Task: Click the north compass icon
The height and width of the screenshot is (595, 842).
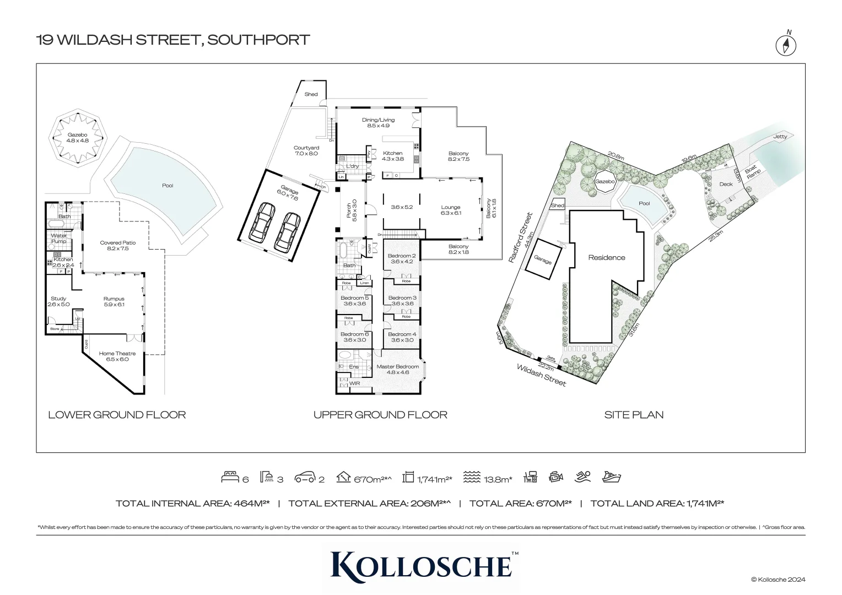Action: (786, 45)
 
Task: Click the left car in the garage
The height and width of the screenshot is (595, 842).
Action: (263, 221)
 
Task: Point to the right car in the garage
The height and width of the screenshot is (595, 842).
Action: (287, 231)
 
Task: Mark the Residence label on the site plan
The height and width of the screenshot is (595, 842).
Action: (607, 257)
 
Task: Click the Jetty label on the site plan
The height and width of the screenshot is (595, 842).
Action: (780, 137)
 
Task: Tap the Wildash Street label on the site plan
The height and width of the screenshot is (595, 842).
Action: (541, 375)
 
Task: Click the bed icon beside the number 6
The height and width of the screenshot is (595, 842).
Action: (230, 478)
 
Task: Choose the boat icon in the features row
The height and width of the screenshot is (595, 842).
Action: (612, 477)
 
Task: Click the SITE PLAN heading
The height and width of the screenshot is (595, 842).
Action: (634, 415)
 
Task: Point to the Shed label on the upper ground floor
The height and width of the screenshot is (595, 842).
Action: (311, 94)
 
